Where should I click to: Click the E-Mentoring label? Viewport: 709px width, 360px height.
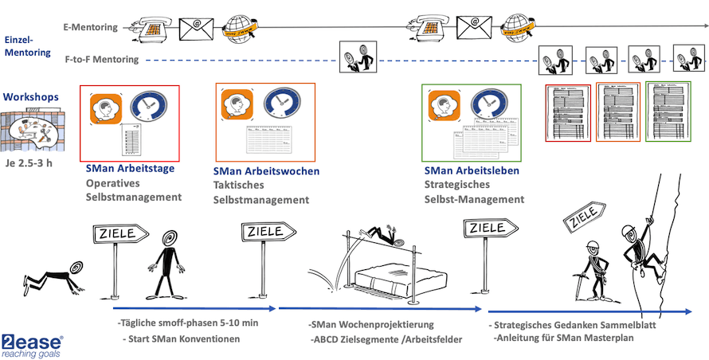[x=90, y=26]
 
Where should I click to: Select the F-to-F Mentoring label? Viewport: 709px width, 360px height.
[x=101, y=59]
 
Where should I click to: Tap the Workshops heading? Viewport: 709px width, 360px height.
[x=31, y=96]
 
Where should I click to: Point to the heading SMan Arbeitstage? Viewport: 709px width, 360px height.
[x=129, y=168]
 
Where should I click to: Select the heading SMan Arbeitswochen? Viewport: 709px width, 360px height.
[x=266, y=171]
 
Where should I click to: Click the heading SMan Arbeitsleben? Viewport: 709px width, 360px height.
[x=472, y=170]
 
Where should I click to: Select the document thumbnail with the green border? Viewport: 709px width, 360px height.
[x=668, y=112]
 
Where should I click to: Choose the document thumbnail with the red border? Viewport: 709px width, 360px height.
[x=568, y=112]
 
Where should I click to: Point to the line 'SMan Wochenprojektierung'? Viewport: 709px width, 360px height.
[x=370, y=326]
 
